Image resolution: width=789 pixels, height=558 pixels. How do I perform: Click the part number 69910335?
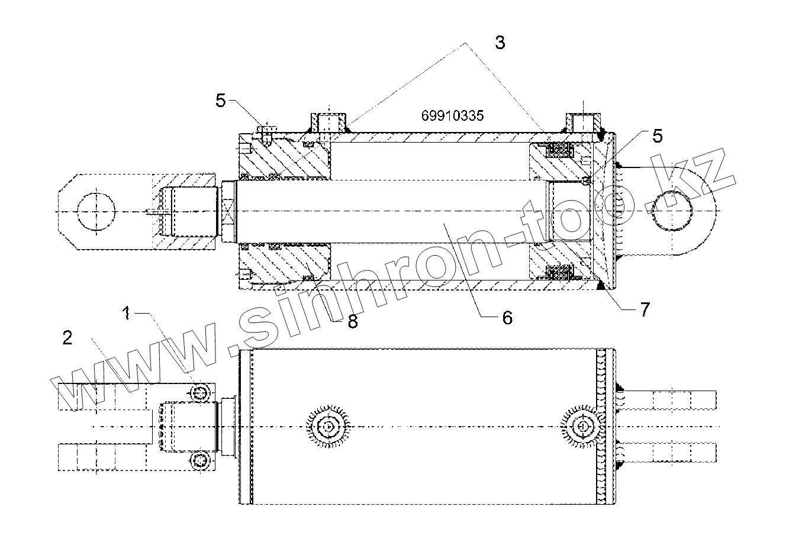point(452,115)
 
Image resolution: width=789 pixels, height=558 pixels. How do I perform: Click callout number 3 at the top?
point(500,43)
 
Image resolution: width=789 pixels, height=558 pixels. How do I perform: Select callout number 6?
point(507,317)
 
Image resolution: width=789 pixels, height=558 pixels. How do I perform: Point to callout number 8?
point(353,321)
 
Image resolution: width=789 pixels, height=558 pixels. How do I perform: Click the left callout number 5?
point(221,101)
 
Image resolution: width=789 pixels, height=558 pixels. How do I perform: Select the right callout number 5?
point(656,136)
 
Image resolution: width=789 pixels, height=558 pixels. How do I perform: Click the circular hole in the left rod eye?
point(95,211)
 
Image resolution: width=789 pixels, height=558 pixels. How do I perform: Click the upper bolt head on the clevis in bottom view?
point(201,392)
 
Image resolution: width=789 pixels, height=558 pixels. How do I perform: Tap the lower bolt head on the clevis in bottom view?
point(201,460)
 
